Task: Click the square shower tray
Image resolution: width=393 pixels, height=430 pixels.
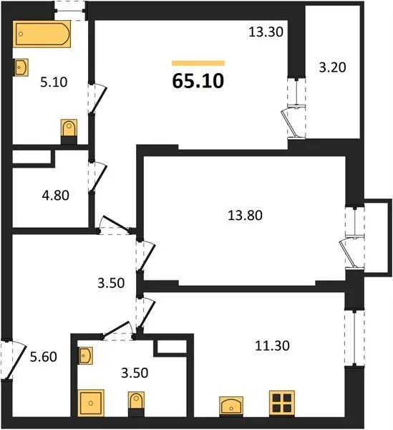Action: point(91,401)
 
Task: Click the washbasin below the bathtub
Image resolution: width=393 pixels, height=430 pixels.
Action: point(21,67)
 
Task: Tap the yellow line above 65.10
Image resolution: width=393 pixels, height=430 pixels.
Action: point(198,63)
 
